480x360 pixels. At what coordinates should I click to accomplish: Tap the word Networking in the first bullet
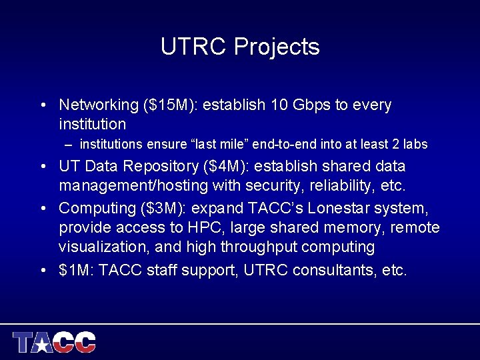[98, 105]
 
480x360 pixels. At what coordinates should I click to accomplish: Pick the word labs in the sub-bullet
[415, 144]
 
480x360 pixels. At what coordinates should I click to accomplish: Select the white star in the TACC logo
[43, 345]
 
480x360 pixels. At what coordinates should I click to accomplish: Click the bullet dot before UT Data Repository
[43, 166]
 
